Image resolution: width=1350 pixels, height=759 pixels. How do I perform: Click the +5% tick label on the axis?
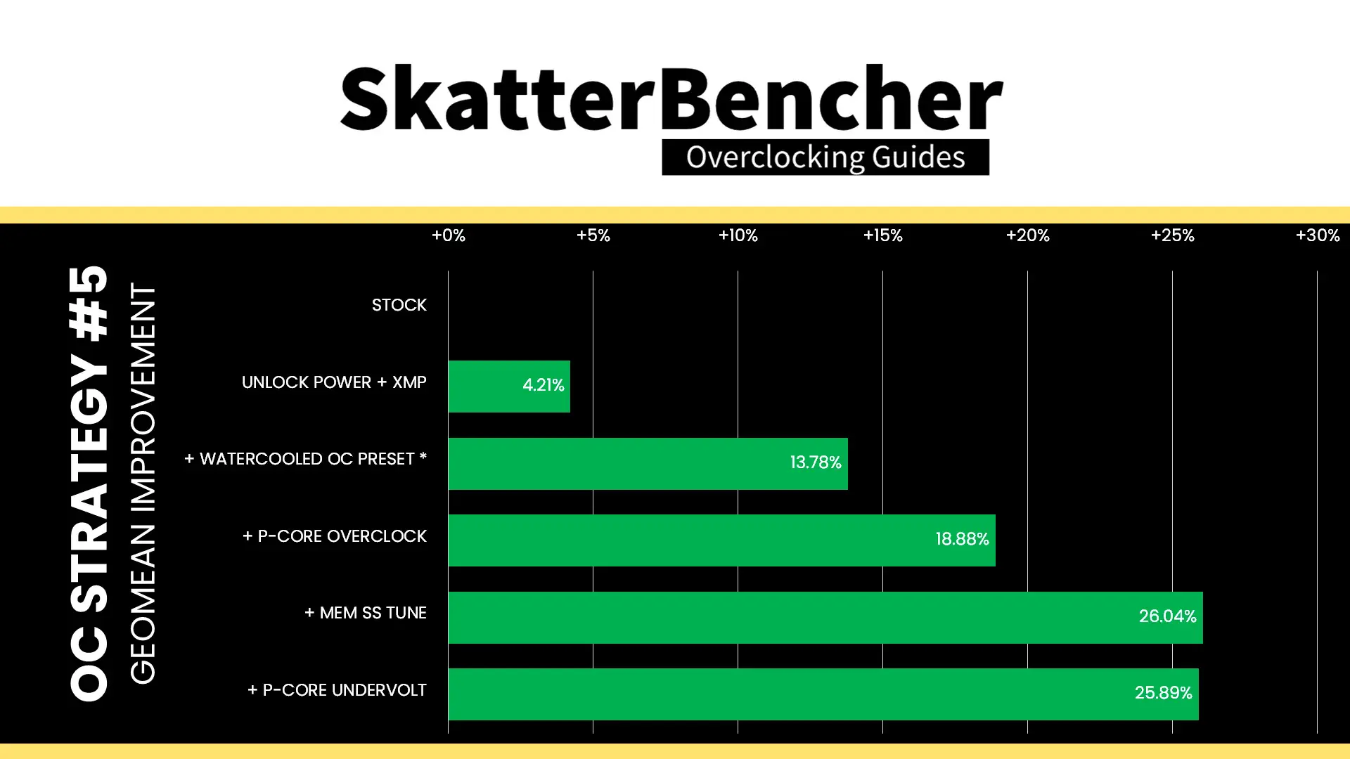pos(593,235)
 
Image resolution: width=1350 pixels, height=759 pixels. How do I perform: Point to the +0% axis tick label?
pos(448,235)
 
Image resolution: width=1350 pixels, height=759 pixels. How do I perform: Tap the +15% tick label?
pos(882,235)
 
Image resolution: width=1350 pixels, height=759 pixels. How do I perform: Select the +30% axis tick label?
pos(1317,235)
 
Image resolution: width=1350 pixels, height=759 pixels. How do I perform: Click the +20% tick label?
pos(1027,235)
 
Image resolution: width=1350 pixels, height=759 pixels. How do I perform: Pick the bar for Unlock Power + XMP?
pos(509,387)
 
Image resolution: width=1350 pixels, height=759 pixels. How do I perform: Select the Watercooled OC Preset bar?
pos(648,464)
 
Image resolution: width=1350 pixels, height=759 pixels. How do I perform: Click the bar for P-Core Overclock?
pos(721,540)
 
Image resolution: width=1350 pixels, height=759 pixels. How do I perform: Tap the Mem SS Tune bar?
pos(825,618)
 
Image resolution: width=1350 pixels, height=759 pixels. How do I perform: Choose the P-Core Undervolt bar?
pos(823,694)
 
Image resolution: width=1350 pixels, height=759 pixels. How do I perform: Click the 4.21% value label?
pos(543,385)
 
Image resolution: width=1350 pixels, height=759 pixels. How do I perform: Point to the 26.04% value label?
pos(1167,616)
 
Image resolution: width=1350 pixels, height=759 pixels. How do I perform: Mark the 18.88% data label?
pos(962,539)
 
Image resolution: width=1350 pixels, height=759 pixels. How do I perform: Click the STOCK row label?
pos(399,305)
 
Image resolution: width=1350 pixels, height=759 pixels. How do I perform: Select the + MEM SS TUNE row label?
pos(365,613)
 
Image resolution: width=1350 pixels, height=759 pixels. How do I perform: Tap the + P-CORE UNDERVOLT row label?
pos(337,690)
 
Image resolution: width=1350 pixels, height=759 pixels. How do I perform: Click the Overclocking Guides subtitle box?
pos(825,157)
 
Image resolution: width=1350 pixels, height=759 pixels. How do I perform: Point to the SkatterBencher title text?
pos(671,98)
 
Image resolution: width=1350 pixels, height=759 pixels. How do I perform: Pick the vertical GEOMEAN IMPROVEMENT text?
pos(143,484)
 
